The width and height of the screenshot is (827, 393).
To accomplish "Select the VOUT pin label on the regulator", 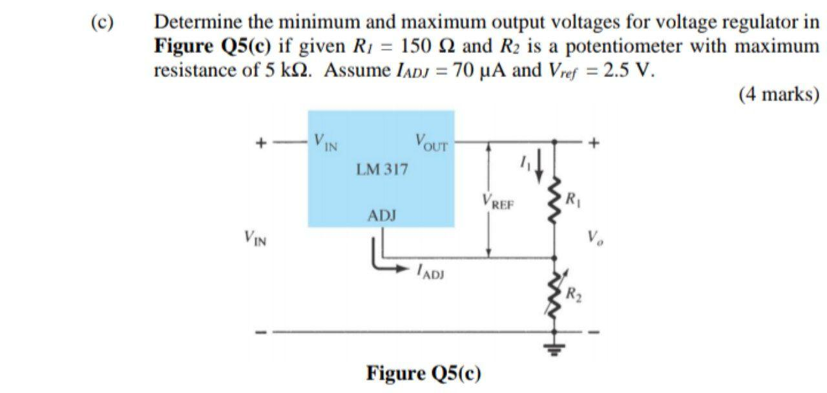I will [432, 140].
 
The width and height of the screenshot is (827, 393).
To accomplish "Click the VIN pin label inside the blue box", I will [326, 140].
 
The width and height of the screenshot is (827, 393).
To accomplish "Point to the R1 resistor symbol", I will [554, 200].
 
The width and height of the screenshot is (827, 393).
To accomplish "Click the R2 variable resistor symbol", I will [554, 295].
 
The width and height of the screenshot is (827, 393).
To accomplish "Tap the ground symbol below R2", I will [554, 350].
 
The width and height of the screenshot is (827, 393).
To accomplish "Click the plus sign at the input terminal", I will [262, 143].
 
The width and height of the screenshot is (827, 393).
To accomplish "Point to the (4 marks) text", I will [778, 94].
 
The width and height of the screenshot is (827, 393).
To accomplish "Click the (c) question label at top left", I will [101, 23].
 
